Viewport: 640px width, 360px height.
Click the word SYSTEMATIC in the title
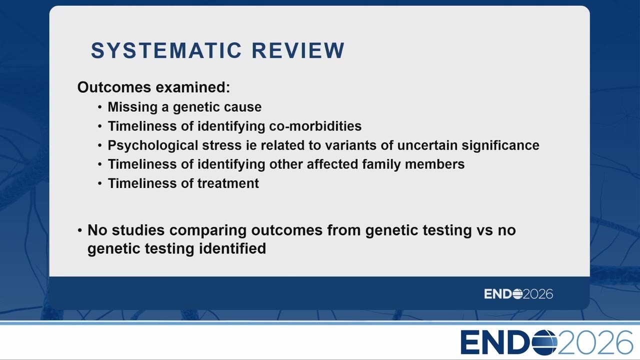[166, 50]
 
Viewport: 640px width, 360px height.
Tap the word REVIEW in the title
[298, 50]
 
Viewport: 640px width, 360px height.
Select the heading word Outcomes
[114, 87]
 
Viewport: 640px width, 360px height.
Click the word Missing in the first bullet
[132, 107]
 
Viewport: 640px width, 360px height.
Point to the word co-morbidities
[315, 126]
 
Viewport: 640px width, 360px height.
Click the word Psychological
[153, 145]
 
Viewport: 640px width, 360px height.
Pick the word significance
[500, 145]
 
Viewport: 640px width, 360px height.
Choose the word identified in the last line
[232, 248]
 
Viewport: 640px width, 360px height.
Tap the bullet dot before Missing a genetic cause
[99, 107]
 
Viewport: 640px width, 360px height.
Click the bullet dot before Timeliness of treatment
[99, 183]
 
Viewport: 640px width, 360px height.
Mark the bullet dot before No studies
[79, 230]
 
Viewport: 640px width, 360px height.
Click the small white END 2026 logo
[518, 294]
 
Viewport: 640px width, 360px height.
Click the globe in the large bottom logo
[544, 342]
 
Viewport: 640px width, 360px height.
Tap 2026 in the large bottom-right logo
[595, 342]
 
